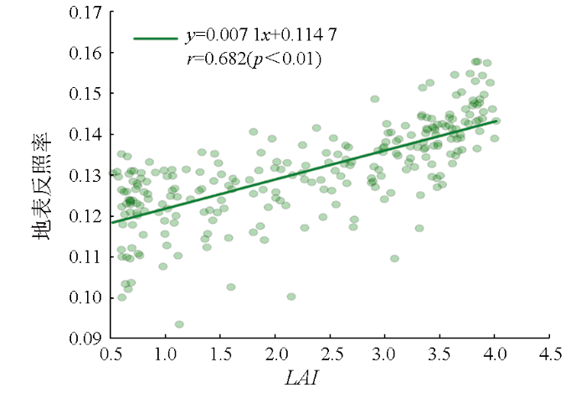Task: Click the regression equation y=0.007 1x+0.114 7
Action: point(261,38)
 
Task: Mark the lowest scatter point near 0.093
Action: point(179,324)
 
